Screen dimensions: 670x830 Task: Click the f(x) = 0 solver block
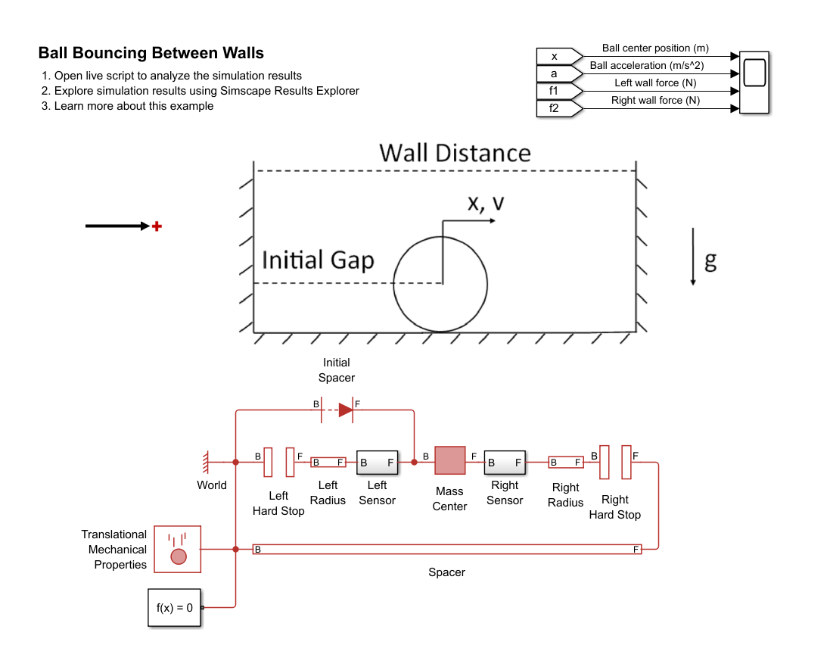click(x=175, y=607)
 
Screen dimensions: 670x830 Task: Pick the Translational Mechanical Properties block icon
click(x=178, y=549)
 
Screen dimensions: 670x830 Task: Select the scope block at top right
click(x=754, y=83)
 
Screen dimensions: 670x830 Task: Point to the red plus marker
click(x=157, y=226)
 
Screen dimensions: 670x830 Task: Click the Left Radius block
click(x=328, y=462)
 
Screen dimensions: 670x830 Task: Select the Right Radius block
click(x=565, y=462)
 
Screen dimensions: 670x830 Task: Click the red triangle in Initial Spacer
click(x=346, y=410)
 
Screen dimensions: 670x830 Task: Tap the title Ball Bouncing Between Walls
click(x=151, y=53)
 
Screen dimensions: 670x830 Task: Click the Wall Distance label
click(x=455, y=153)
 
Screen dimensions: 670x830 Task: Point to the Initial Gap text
click(x=318, y=260)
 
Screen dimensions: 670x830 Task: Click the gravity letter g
click(x=710, y=261)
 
